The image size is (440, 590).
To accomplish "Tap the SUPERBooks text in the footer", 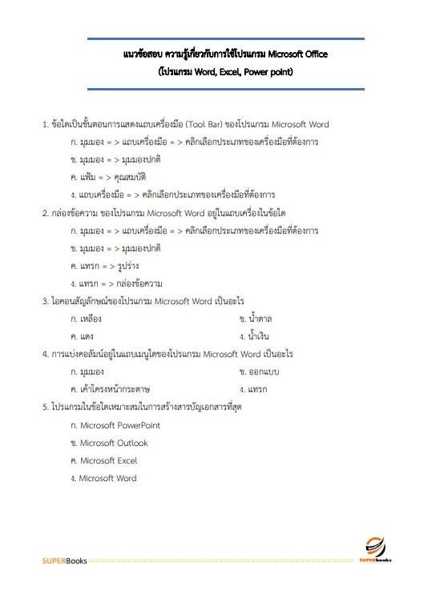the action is (x=65, y=560).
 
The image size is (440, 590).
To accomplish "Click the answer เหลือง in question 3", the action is (x=90, y=319).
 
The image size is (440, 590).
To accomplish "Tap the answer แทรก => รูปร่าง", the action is (x=105, y=266).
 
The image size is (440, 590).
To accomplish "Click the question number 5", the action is (x=46, y=407).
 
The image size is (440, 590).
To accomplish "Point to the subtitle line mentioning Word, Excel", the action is (x=226, y=72).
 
